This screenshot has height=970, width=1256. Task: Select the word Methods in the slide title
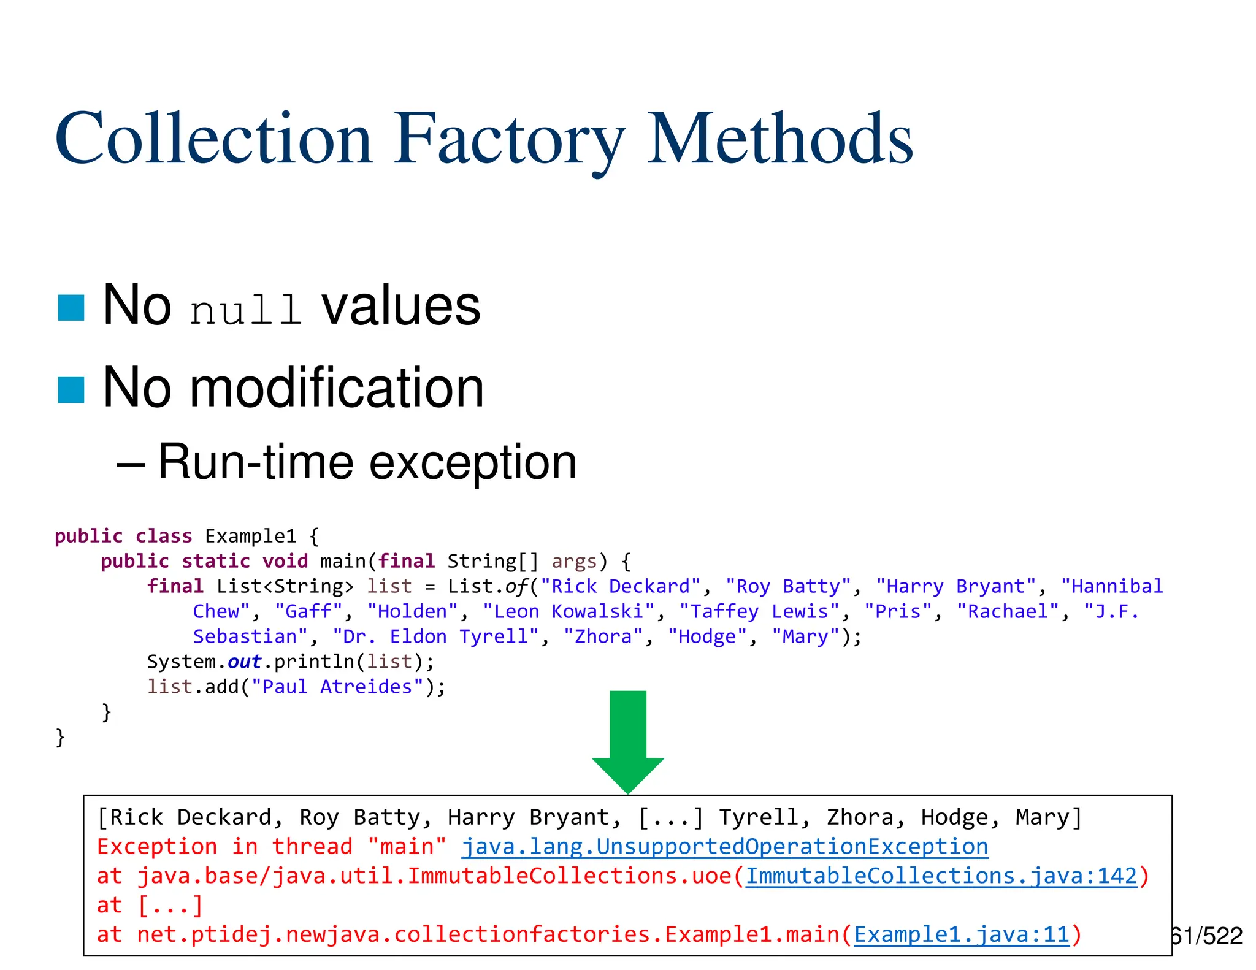pos(780,140)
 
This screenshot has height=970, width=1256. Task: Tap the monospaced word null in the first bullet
pos(246,310)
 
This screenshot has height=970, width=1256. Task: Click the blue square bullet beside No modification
pos(71,390)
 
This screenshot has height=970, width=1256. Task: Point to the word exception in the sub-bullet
pos(473,462)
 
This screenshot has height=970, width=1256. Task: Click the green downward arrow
pos(628,739)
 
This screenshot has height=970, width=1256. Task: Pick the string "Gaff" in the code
pos(308,612)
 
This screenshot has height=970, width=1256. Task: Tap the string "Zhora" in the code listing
pos(603,637)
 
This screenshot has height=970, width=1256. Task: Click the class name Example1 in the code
pos(250,537)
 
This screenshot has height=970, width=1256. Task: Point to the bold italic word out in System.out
pos(244,662)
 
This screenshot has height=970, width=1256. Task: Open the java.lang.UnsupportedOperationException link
pos(725,847)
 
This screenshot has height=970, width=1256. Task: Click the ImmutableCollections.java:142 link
pos(941,876)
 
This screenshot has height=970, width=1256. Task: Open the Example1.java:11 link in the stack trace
pos(962,935)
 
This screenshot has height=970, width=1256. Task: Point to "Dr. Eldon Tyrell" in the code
pos(435,637)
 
